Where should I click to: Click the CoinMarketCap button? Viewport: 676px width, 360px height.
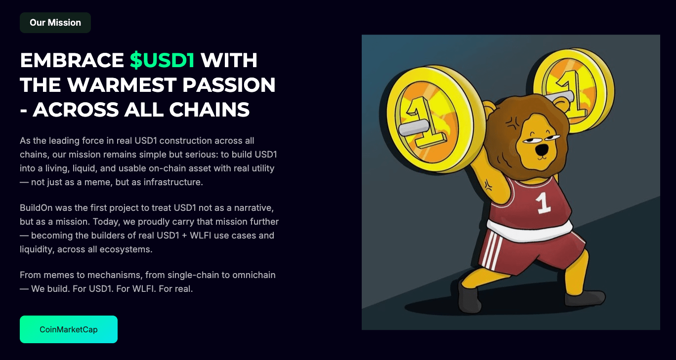69,329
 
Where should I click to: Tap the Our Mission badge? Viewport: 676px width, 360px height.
55,23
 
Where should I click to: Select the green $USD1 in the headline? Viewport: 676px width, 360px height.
163,60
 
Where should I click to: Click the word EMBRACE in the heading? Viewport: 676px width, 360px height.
72,60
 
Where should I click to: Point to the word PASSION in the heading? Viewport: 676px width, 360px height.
229,85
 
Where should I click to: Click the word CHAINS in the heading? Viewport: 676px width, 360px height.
209,110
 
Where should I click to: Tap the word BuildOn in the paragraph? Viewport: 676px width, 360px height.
36,208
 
